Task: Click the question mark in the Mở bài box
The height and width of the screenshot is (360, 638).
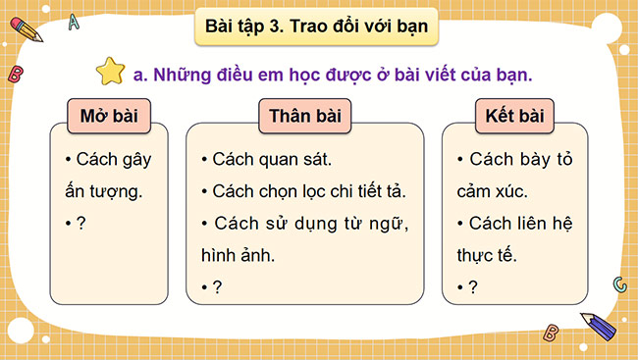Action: point(81,223)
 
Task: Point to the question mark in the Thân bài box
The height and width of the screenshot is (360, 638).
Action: point(217,286)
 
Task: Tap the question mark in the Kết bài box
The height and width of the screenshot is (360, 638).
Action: point(474,286)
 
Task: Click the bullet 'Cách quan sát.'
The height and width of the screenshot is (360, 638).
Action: point(271,159)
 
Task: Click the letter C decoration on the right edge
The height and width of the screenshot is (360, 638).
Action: point(618,283)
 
